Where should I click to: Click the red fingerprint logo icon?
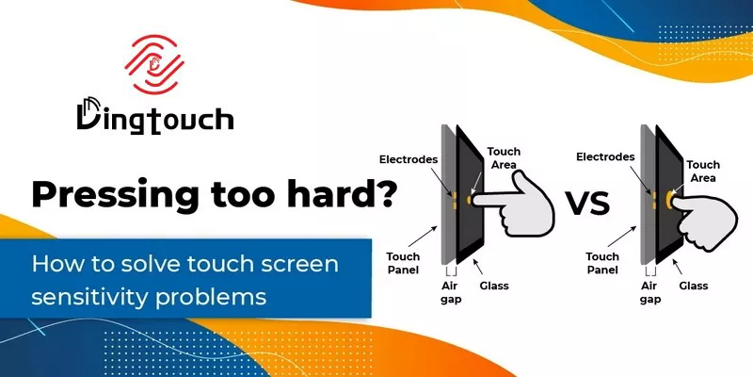(x=152, y=66)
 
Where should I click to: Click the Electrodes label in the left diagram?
(x=408, y=158)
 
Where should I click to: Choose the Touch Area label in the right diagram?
(x=703, y=171)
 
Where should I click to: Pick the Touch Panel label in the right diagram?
(x=602, y=263)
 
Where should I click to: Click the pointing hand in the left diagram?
(x=522, y=207)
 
